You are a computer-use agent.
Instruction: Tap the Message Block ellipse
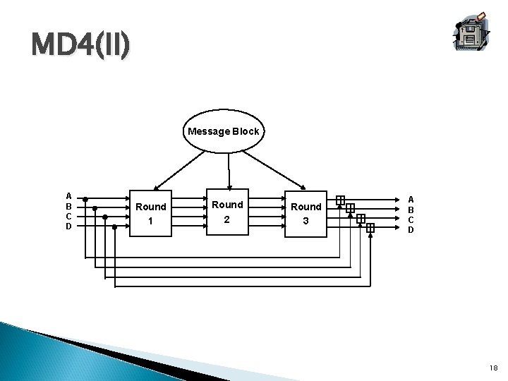tap(223, 131)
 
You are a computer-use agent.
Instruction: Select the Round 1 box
tap(150, 213)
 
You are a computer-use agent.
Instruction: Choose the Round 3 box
tap(306, 213)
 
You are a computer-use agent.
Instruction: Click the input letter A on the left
tap(68, 196)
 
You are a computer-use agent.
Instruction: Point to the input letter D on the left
tap(68, 226)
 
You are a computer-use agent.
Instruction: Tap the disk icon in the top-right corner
tap(468, 32)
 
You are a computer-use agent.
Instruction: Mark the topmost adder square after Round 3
tap(341, 200)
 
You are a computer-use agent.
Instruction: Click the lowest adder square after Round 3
tap(370, 228)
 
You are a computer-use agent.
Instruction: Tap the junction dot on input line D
tap(115, 227)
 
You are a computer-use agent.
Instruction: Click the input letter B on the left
tap(68, 206)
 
